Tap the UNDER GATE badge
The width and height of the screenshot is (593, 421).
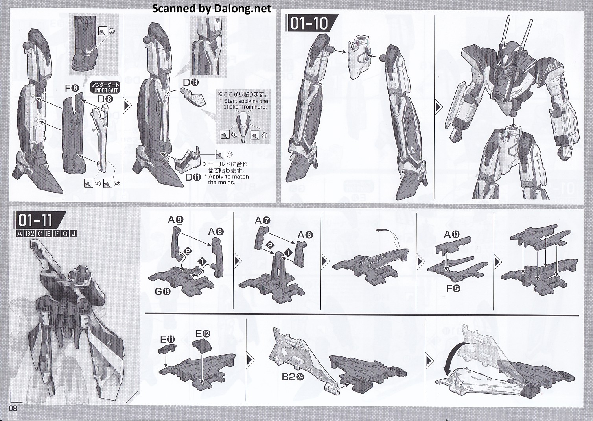click(x=105, y=88)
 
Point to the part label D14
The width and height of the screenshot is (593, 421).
click(x=190, y=82)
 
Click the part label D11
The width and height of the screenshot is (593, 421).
click(x=193, y=177)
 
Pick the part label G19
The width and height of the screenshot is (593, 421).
click(x=162, y=292)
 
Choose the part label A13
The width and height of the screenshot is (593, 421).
click(x=452, y=234)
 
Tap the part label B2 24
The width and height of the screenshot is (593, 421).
click(x=293, y=377)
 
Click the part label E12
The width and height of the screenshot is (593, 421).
click(x=203, y=333)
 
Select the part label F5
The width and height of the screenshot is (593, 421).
click(x=453, y=288)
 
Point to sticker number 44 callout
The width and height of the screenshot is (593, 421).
click(x=225, y=155)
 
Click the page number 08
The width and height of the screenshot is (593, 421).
click(x=13, y=408)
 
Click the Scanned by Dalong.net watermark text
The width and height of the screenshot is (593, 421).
click(x=212, y=9)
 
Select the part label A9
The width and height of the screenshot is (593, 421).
click(x=175, y=220)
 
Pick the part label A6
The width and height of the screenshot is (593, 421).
click(x=305, y=235)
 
